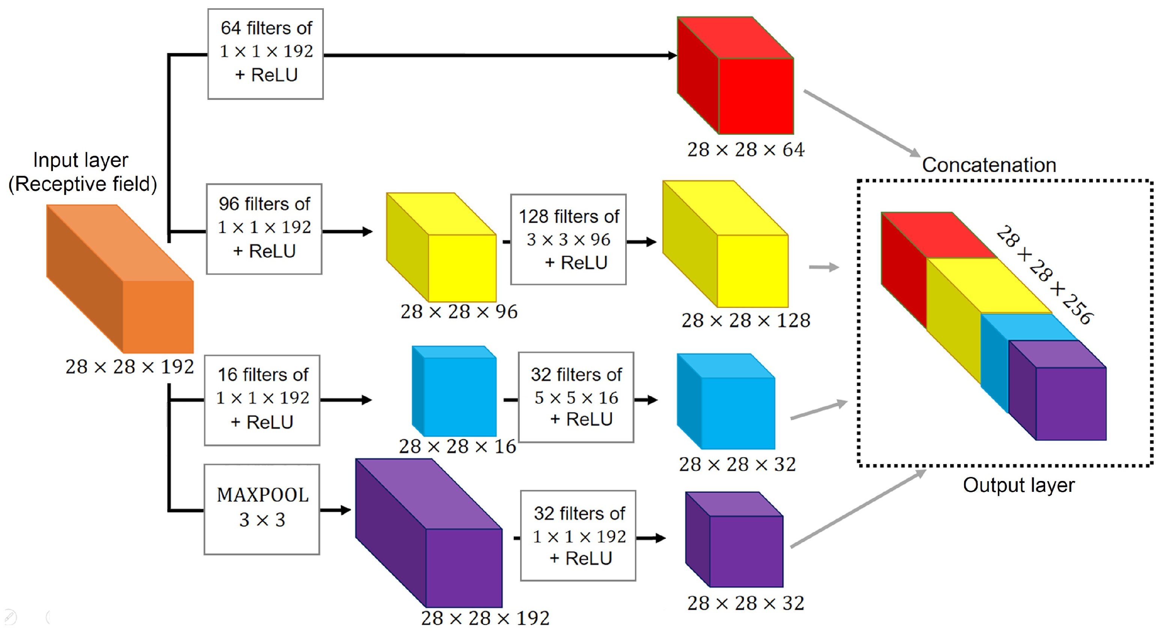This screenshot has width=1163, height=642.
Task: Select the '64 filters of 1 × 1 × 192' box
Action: [x=265, y=54]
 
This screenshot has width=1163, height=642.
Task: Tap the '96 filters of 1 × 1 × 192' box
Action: [x=264, y=229]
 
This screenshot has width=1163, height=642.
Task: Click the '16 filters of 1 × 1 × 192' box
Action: [x=262, y=400]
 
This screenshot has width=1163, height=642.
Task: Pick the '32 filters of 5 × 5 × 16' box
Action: [x=576, y=397]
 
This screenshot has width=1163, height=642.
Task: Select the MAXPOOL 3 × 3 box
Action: [x=262, y=509]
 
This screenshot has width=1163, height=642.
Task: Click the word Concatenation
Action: [x=989, y=165]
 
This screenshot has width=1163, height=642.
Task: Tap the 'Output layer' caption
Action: [x=1019, y=485]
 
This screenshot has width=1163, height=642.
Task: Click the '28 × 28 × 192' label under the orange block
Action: [x=129, y=367]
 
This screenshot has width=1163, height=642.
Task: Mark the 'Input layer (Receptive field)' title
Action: [x=82, y=172]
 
